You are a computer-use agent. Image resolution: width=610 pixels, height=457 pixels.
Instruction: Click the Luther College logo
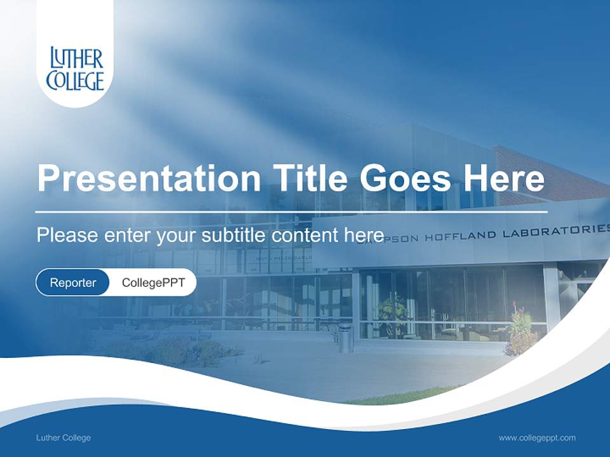click(75, 69)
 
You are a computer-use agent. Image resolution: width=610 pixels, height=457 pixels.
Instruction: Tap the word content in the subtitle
click(305, 235)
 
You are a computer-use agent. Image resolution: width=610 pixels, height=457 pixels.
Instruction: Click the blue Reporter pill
click(72, 282)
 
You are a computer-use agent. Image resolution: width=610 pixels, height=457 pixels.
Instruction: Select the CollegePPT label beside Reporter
click(153, 282)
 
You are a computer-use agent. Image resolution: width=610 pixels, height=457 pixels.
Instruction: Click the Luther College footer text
click(63, 438)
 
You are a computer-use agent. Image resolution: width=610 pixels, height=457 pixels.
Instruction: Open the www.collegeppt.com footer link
click(537, 438)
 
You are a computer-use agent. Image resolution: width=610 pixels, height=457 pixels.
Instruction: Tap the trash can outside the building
click(345, 338)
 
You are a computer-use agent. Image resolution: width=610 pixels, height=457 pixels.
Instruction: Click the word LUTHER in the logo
click(76, 59)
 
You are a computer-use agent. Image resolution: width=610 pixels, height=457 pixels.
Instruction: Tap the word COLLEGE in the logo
click(75, 81)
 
